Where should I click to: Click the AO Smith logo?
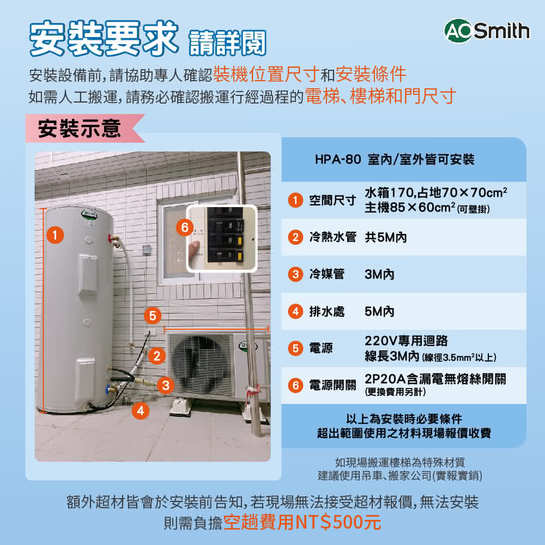click(486, 31)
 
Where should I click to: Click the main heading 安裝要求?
click(103, 39)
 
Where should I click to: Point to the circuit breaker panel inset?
click(222, 238)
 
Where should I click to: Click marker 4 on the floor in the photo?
click(141, 410)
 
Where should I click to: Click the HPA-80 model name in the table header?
click(337, 160)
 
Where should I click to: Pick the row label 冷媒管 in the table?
click(327, 275)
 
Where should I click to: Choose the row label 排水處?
click(327, 312)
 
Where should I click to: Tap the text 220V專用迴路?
click(406, 341)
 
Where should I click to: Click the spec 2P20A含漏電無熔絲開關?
click(435, 379)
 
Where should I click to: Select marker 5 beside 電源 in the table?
click(295, 348)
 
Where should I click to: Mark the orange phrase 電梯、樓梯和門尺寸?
click(380, 96)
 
